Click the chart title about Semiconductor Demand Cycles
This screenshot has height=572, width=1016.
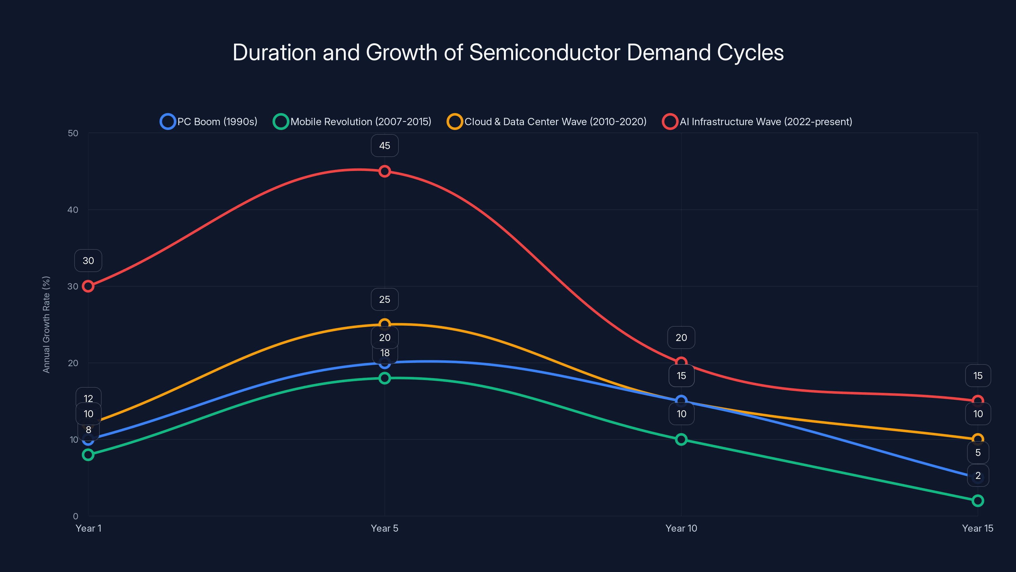pyautogui.click(x=508, y=52)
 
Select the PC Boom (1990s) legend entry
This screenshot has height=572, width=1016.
pyautogui.click(x=209, y=122)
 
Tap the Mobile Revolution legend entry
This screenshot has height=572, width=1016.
pyautogui.click(x=352, y=122)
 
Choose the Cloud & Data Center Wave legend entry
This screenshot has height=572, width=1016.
pyautogui.click(x=547, y=122)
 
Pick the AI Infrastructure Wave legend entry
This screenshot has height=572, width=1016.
pyautogui.click(x=757, y=122)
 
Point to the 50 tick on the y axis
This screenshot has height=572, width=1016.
pyautogui.click(x=73, y=133)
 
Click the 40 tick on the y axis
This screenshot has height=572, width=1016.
pyautogui.click(x=73, y=210)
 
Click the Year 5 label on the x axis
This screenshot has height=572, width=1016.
pyautogui.click(x=384, y=528)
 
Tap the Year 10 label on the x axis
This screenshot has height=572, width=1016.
pyautogui.click(x=681, y=528)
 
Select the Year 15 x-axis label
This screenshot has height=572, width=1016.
pyautogui.click(x=977, y=528)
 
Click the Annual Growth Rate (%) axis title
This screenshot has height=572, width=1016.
pyautogui.click(x=46, y=324)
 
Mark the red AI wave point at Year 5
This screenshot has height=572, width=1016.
pyautogui.click(x=384, y=171)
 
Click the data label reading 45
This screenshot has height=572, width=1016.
pyautogui.click(x=384, y=146)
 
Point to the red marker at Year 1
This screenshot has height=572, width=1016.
pyautogui.click(x=88, y=286)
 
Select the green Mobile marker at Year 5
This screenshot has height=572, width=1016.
pyautogui.click(x=384, y=378)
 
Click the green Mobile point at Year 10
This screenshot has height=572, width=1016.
pyautogui.click(x=681, y=439)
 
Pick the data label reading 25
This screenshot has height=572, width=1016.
pyautogui.click(x=384, y=300)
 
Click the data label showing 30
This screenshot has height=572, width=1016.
pyautogui.click(x=88, y=261)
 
